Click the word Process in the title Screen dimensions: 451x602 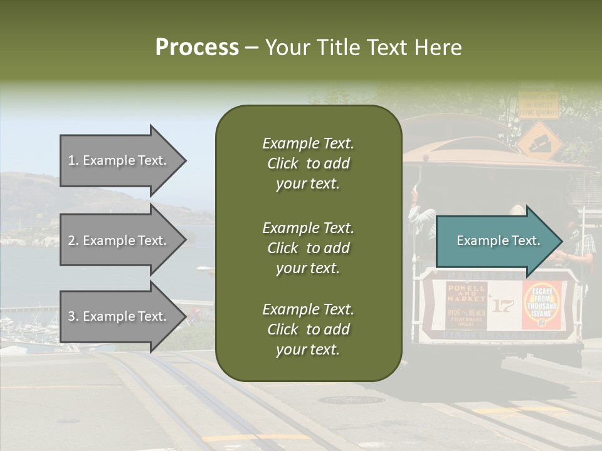(x=197, y=48)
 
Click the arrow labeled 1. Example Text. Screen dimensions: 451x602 (x=119, y=160)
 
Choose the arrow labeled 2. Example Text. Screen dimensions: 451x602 (x=119, y=241)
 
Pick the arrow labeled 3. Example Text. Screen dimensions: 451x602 (x=119, y=316)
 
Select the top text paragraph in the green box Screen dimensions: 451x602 (x=308, y=163)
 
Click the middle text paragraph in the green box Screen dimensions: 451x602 (x=308, y=248)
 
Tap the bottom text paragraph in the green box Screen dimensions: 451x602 (x=308, y=329)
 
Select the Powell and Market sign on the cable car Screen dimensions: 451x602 (x=467, y=293)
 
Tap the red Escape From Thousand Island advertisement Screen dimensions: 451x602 (x=541, y=304)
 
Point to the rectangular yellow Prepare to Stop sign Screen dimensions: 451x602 (x=537, y=105)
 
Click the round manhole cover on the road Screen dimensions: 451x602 (x=351, y=400)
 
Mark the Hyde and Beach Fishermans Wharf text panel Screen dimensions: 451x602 (x=467, y=316)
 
